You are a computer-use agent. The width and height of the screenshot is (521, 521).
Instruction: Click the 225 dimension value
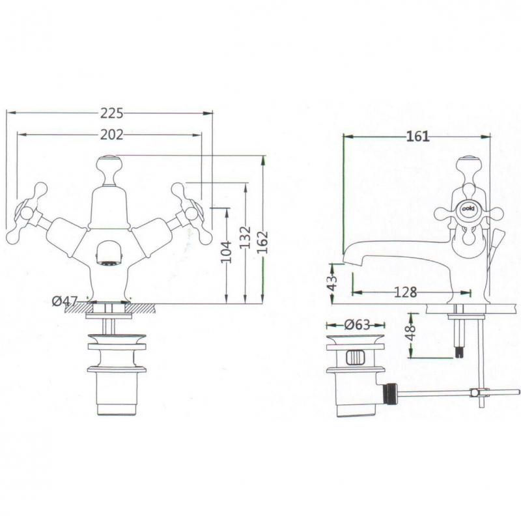tap(111, 113)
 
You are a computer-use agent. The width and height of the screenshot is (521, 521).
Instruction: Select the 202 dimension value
tap(111, 135)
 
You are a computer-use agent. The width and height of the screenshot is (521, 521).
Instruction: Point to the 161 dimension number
tap(417, 136)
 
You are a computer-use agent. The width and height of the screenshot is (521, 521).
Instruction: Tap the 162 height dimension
tap(262, 242)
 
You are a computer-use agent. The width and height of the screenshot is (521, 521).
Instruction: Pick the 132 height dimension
tap(245, 237)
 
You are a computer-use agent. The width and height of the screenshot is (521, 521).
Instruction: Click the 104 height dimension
tap(227, 251)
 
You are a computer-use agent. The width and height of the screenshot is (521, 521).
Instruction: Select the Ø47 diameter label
tap(64, 302)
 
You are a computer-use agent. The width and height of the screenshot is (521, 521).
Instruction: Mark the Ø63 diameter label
tap(356, 324)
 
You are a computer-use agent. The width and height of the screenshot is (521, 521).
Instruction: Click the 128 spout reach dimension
tap(405, 292)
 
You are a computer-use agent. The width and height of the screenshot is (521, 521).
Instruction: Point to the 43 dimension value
tap(332, 283)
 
